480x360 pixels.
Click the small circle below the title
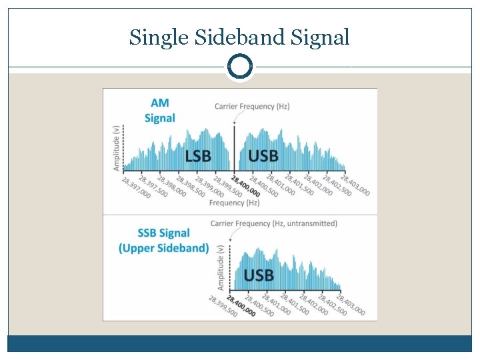[x=240, y=67]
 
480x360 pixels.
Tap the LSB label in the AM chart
[x=197, y=156]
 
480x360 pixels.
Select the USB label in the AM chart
[x=263, y=156]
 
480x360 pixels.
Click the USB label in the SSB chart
[x=259, y=275]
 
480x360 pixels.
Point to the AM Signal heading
[x=160, y=111]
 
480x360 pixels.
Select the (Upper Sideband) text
[x=164, y=248]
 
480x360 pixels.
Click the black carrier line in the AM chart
[x=235, y=149]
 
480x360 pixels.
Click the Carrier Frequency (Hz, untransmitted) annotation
[x=273, y=223]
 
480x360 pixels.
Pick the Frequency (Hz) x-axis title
[x=234, y=203]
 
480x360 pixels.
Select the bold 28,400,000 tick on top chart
[x=245, y=186]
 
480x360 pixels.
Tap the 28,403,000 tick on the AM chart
[x=355, y=185]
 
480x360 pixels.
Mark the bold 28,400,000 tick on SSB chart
[x=241, y=305]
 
